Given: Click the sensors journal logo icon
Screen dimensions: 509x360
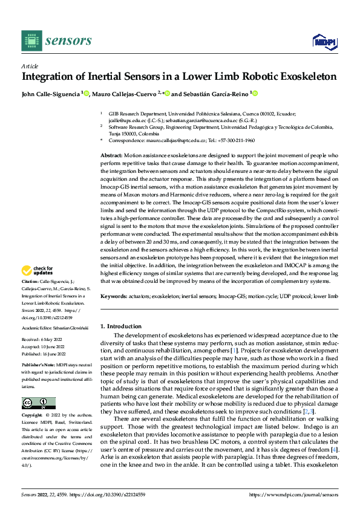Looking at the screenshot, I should pos(31,40).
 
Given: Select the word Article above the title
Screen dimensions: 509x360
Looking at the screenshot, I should pos(30,66).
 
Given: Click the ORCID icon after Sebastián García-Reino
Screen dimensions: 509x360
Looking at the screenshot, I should pos(255,94).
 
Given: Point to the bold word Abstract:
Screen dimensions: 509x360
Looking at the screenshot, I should pos(111,156).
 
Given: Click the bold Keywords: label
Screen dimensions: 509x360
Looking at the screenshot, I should pos(114,297).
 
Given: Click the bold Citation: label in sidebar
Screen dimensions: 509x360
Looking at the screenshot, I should pos(31,282).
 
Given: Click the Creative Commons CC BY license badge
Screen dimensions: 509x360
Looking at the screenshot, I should pos(38,403).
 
